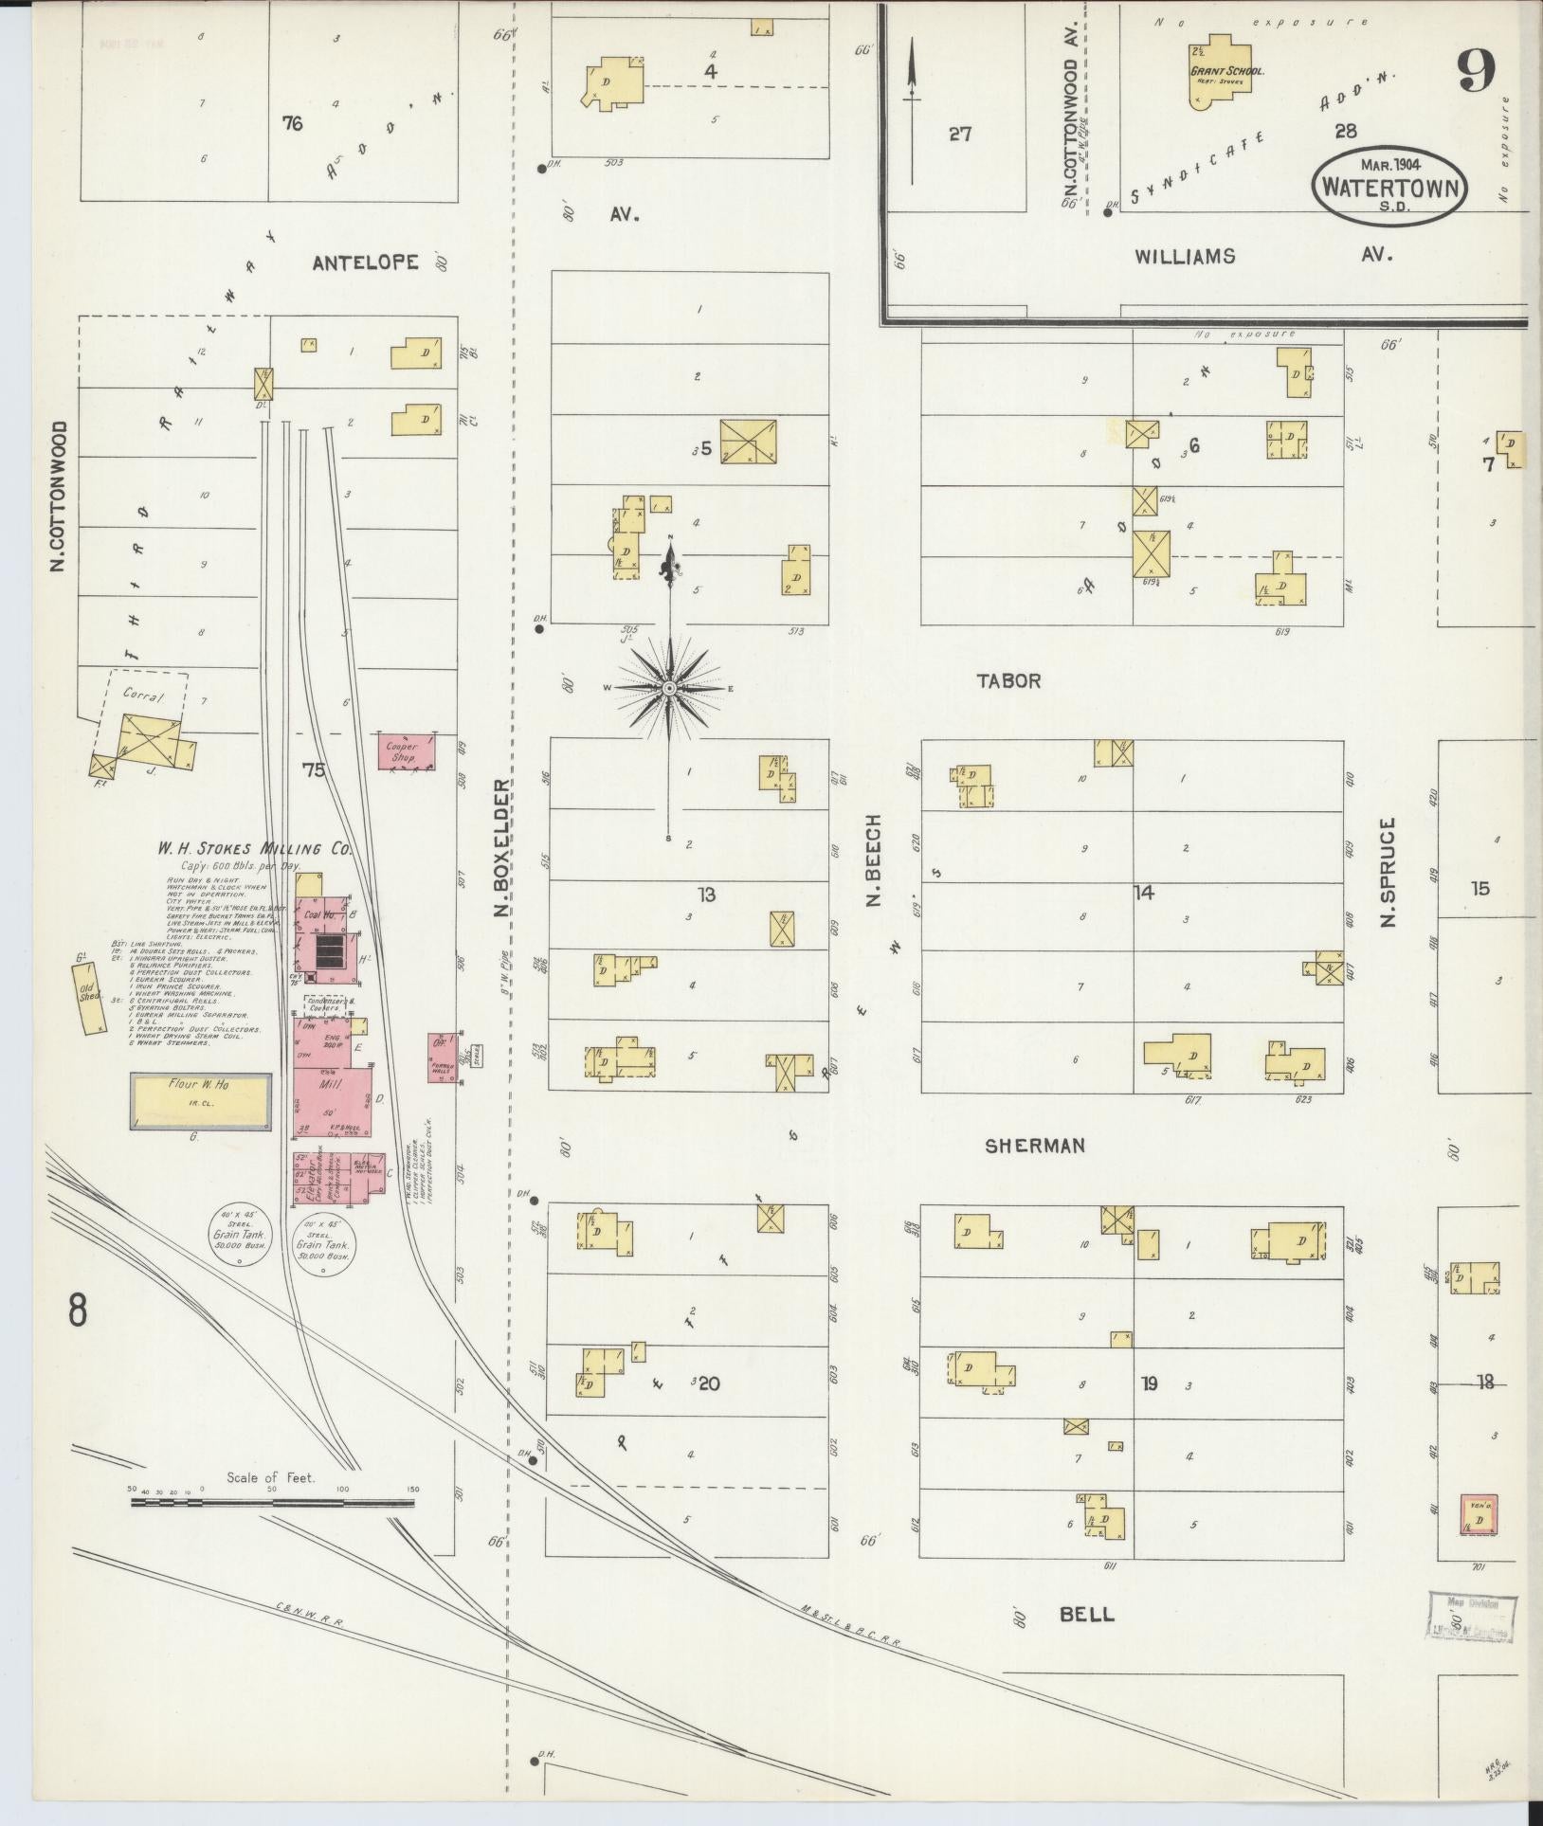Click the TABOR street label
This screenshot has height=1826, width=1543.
pyautogui.click(x=1009, y=680)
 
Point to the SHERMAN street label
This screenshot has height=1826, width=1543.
pyautogui.click(x=1034, y=1146)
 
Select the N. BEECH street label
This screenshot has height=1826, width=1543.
pyautogui.click(x=874, y=859)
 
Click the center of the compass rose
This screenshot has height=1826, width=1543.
pyautogui.click(x=669, y=687)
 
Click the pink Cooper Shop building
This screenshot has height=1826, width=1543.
pyautogui.click(x=406, y=750)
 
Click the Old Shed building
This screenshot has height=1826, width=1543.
pyautogui.click(x=90, y=998)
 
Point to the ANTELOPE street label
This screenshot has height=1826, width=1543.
pyautogui.click(x=365, y=263)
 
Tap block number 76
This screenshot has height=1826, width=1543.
pyautogui.click(x=292, y=122)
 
